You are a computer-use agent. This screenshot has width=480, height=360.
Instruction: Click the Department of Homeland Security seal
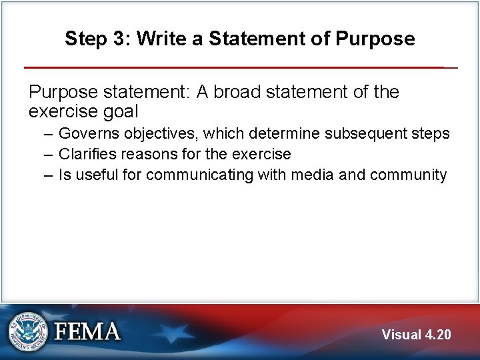28,331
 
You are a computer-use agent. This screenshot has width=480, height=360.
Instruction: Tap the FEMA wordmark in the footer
87,331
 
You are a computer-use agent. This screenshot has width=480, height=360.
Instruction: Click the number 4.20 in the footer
437,335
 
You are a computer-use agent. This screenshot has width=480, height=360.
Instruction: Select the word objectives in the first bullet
153,133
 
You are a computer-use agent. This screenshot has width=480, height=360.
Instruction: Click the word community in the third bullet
408,175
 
